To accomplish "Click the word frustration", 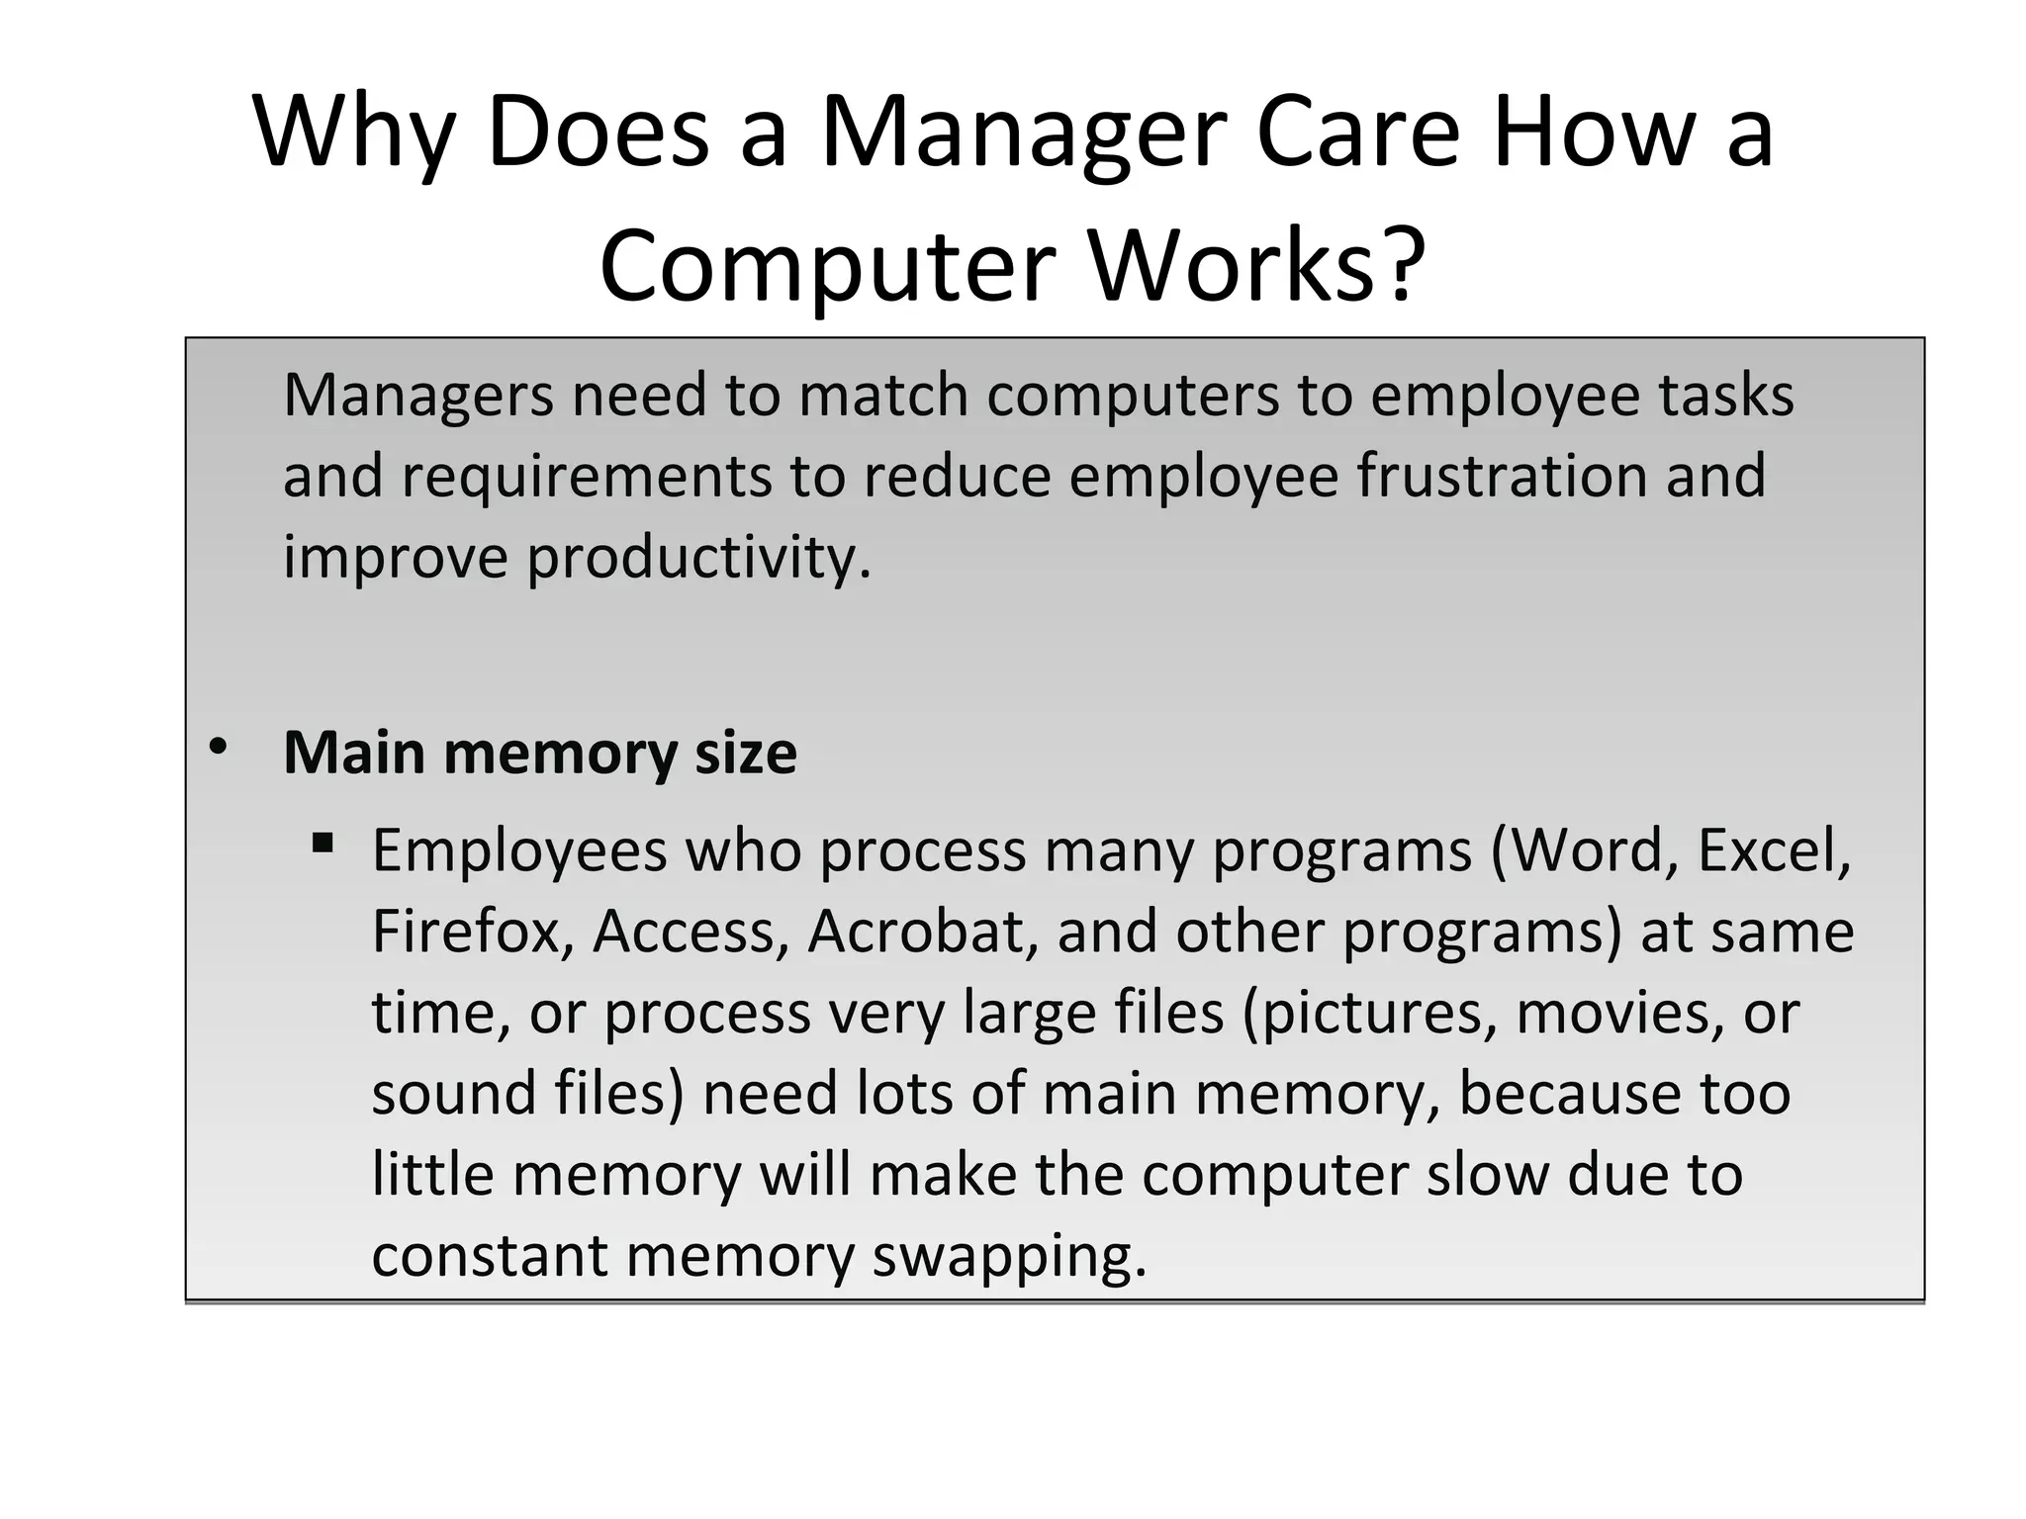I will point(1502,476).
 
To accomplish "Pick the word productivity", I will point(698,558).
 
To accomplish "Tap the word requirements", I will point(586,476).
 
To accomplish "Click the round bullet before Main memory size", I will point(218,747).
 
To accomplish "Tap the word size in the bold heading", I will point(746,754).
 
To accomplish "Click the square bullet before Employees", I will point(322,844).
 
